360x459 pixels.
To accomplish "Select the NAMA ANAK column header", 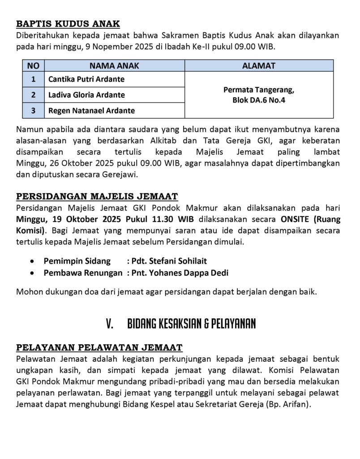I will [x=114, y=65].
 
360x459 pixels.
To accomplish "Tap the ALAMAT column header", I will [x=259, y=65].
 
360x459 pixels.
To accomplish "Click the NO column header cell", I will [x=33, y=65].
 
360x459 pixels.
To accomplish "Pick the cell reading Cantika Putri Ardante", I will [x=86, y=79].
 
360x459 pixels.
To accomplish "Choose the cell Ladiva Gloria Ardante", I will [x=86, y=95].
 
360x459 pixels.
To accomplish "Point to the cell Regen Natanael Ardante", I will [x=91, y=110].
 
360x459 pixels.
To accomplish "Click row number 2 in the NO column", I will [x=33, y=95].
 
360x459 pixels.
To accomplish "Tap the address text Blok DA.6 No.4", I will [x=259, y=100].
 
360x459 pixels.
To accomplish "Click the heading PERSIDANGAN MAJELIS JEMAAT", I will [x=97, y=196].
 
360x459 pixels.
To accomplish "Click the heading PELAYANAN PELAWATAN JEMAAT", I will [x=99, y=347].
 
